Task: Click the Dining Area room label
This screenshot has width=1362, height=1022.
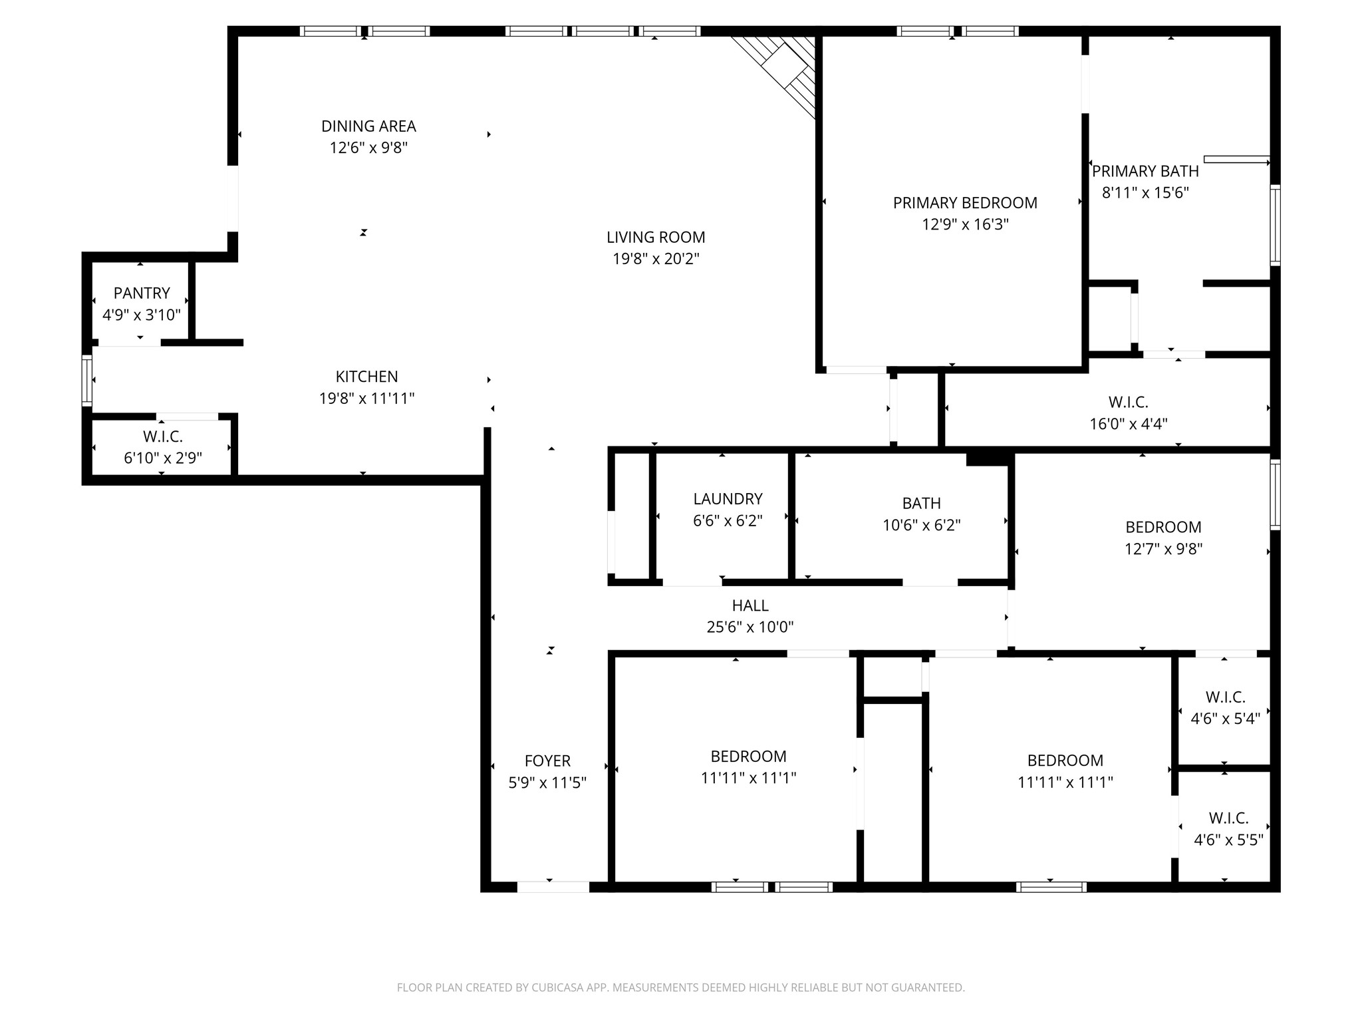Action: click(x=368, y=126)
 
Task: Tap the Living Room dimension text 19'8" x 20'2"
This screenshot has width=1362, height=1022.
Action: click(x=656, y=259)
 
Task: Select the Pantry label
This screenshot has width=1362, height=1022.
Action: click(x=142, y=293)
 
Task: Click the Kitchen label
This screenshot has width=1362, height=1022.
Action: click(x=366, y=377)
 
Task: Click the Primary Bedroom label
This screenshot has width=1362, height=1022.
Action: click(x=965, y=203)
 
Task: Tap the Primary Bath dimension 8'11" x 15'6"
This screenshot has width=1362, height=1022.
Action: click(x=1145, y=193)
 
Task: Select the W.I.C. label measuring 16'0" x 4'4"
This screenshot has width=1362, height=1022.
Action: click(x=1129, y=403)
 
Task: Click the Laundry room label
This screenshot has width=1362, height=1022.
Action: click(x=728, y=499)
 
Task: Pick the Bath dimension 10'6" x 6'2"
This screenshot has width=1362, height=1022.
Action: click(x=922, y=526)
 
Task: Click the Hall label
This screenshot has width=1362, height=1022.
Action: click(x=750, y=605)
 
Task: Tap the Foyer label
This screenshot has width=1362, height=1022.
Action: click(x=547, y=761)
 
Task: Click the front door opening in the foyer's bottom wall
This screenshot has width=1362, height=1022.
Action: click(x=553, y=886)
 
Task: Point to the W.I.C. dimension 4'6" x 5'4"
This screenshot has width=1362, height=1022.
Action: click(x=1225, y=719)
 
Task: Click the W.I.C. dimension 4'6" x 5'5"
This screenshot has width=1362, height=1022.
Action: click(x=1228, y=840)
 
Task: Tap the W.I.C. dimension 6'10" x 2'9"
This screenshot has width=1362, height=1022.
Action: click(x=163, y=458)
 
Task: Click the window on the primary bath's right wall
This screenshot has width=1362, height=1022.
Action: click(x=1275, y=225)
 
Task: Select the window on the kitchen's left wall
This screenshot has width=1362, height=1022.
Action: click(x=87, y=380)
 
